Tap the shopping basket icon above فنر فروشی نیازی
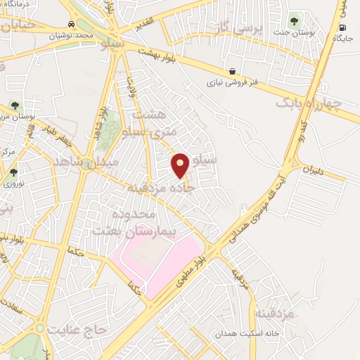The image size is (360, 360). coord(232,71)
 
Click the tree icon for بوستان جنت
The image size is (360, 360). coord(293,20)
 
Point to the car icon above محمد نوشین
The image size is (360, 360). coord(72,23)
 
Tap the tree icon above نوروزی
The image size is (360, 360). coord(14,172)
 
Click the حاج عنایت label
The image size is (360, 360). coord(78,328)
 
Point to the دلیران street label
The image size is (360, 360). coord(316,171)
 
